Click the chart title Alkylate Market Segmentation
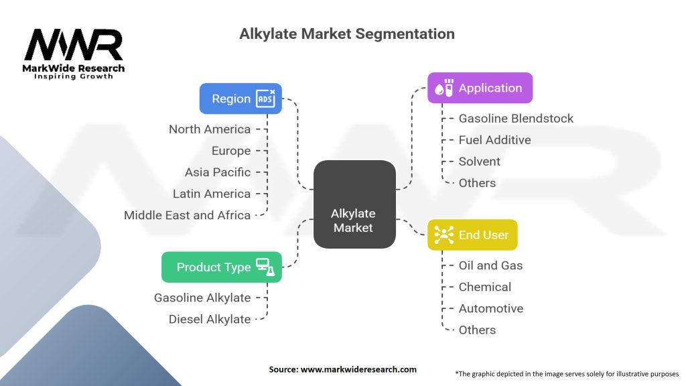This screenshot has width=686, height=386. [347, 34]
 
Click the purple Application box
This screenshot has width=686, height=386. [480, 88]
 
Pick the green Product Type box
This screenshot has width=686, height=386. [222, 267]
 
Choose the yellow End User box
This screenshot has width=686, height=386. [472, 235]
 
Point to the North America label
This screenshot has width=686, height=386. [210, 129]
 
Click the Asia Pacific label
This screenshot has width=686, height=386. [218, 172]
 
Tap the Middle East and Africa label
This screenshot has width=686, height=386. [188, 215]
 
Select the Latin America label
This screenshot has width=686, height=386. [212, 194]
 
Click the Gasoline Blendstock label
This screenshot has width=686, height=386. [516, 119]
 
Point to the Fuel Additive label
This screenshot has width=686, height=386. [494, 140]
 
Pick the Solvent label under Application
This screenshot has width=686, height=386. [479, 162]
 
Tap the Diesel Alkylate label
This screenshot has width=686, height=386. [210, 319]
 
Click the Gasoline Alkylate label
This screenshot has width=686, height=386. [202, 298]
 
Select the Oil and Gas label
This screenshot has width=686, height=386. [490, 265]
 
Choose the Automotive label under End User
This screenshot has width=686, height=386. [491, 308]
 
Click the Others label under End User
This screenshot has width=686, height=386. [477, 330]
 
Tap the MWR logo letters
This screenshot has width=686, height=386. [74, 45]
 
